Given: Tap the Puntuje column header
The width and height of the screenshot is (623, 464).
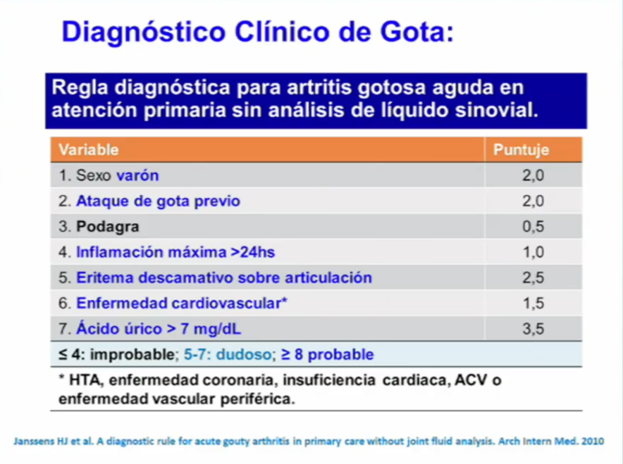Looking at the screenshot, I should [521, 149].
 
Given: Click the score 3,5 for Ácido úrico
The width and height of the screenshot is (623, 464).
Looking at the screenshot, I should [533, 329].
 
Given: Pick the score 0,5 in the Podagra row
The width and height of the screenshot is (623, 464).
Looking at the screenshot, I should [533, 227].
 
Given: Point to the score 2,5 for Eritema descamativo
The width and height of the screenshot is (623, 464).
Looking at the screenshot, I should [533, 277].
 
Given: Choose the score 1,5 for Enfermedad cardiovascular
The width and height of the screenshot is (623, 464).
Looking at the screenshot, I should [533, 303].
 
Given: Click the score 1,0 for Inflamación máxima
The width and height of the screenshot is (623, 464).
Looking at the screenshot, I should [533, 252].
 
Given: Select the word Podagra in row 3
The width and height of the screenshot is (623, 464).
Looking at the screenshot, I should [108, 227].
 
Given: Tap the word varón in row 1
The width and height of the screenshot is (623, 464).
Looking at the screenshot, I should [137, 175].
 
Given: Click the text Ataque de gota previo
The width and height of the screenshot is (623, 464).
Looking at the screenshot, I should [158, 201].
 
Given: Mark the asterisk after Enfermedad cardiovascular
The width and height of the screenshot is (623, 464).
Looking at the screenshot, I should [284, 301].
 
